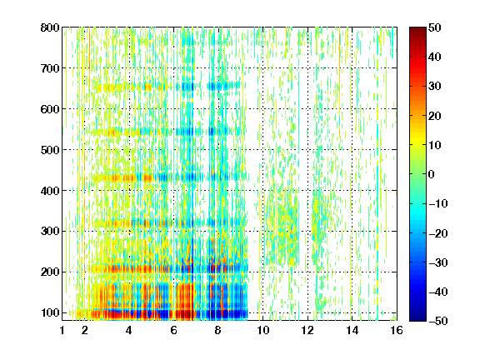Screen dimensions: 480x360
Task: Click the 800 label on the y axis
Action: coord(50,27)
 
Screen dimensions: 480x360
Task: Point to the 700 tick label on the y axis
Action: coord(50,68)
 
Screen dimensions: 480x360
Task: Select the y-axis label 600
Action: coord(50,109)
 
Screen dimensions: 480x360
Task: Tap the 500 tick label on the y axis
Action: coord(50,150)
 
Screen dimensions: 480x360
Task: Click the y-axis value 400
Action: coord(50,191)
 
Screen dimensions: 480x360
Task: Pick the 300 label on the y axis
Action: coord(50,231)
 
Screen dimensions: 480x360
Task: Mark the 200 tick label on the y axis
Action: coord(50,272)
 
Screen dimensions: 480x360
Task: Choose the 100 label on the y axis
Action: coord(50,312)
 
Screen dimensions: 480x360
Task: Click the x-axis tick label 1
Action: coord(62,330)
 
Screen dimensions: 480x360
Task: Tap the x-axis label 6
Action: coord(174,330)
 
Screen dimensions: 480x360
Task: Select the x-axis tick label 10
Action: coord(262,330)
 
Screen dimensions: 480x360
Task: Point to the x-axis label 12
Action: coord(307,330)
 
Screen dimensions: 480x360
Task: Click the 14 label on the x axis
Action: coord(352,330)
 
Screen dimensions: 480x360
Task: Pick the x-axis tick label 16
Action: coord(397,330)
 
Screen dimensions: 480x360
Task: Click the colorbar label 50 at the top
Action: coord(434,27)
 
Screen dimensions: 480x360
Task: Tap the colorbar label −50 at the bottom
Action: coord(437,321)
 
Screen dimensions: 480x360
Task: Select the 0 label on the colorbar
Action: coord(431,174)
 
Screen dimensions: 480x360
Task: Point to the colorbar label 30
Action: coord(434,87)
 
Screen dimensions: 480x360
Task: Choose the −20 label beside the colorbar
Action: coord(437,233)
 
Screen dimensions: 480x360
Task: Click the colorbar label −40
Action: coord(437,292)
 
